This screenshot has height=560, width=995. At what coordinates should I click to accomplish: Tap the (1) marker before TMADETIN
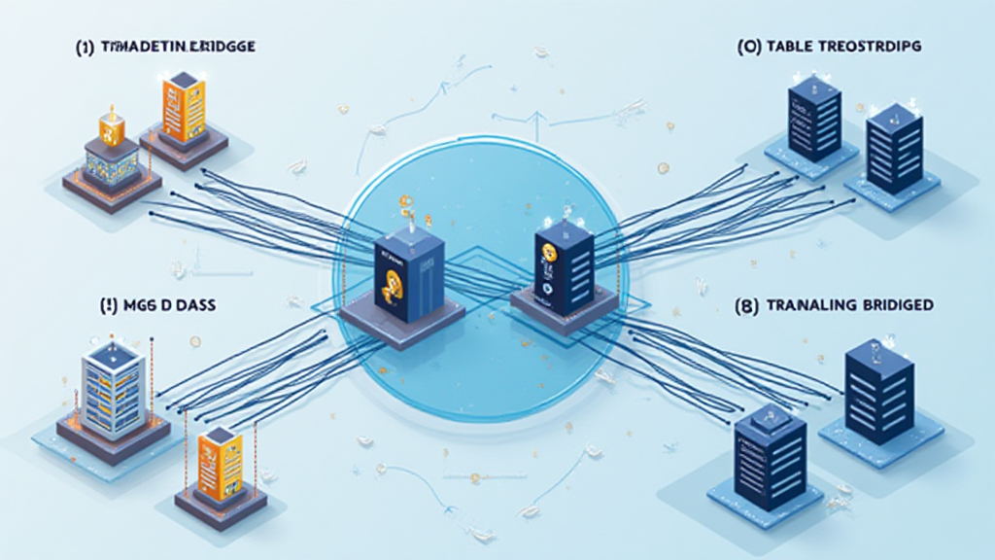[85, 47]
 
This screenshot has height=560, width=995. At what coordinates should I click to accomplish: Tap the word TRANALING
[811, 304]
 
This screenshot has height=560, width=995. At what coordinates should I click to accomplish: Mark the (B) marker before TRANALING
[750, 304]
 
